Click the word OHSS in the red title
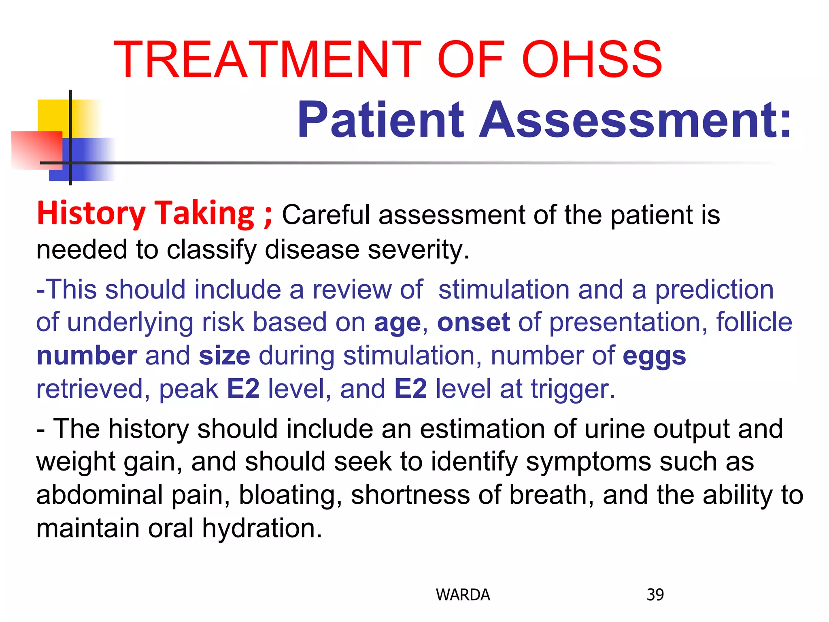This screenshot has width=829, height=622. click(x=592, y=60)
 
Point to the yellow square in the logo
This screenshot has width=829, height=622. click(x=55, y=115)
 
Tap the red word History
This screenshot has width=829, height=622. click(x=91, y=213)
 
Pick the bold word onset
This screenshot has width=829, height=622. click(x=473, y=323)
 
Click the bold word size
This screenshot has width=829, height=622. click(x=225, y=356)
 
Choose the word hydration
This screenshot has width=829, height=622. click(x=262, y=529)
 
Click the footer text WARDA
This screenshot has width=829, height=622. click(x=463, y=595)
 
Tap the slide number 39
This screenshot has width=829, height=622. click(x=655, y=595)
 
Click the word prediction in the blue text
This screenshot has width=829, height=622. click(x=714, y=290)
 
